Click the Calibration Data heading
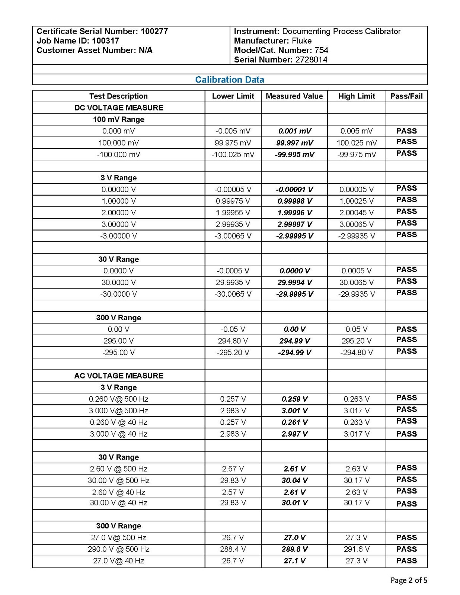[x=230, y=80]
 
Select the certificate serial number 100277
[x=154, y=31]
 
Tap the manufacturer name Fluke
[x=301, y=41]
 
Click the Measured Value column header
[x=294, y=96]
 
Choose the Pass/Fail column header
[x=406, y=96]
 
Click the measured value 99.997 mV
[x=294, y=143]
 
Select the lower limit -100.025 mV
[x=233, y=154]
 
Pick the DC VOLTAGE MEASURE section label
[x=119, y=108]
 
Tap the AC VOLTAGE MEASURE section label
[x=119, y=376]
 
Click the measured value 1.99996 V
[x=294, y=213]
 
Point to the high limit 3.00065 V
[x=357, y=224]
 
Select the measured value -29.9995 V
[x=294, y=294]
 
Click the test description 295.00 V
[x=119, y=341]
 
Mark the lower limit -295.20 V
[x=233, y=353]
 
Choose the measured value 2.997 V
[x=294, y=434]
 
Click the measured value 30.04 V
[x=294, y=480]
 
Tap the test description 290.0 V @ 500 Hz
[x=119, y=549]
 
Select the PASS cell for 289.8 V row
[x=406, y=549]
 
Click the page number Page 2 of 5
[x=409, y=580]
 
